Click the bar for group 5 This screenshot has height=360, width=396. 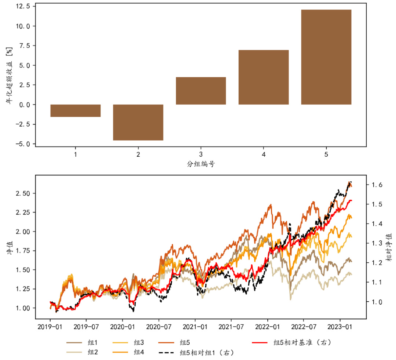click(x=326, y=57)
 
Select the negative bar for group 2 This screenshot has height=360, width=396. click(x=138, y=122)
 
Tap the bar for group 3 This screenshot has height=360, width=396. click(x=201, y=91)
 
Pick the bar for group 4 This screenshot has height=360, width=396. click(x=263, y=77)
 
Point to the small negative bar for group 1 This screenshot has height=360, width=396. click(x=75, y=110)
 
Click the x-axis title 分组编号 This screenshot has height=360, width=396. click(x=201, y=164)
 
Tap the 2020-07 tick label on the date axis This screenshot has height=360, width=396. click(x=159, y=326)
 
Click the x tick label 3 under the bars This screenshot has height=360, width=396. click(x=201, y=154)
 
